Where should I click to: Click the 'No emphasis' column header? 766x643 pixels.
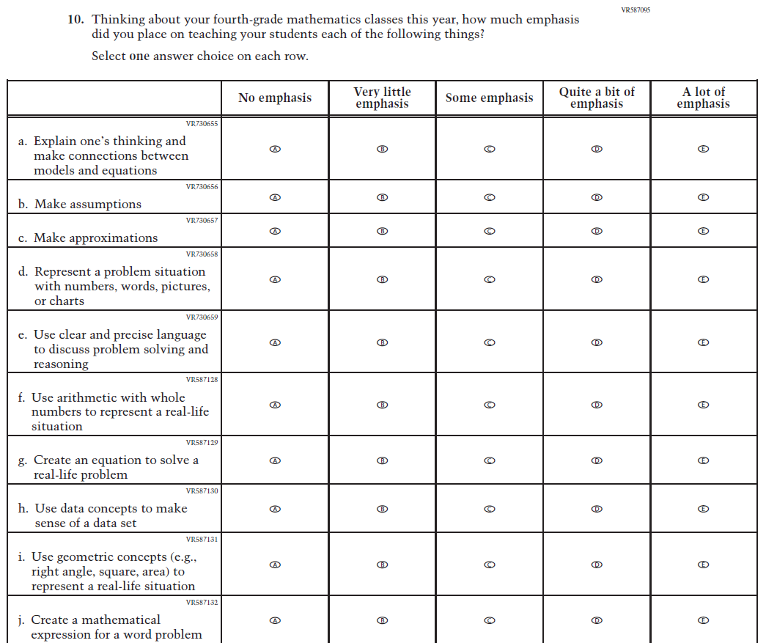pos(275,98)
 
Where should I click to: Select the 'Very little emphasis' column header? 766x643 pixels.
pos(382,98)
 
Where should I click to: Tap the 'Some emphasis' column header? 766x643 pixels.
pos(489,98)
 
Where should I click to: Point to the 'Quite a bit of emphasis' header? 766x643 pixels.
pos(597,98)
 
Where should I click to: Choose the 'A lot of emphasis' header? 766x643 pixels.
pos(703,98)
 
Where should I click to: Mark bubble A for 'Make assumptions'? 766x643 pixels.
pos(275,197)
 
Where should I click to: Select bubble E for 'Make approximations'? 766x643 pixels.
pos(703,231)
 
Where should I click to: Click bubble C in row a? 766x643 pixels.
pos(490,149)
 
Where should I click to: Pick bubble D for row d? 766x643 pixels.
pos(597,279)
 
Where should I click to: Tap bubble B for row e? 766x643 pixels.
pos(382,342)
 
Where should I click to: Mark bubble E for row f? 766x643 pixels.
pos(703,405)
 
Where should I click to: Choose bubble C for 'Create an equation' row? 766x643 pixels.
pos(490,460)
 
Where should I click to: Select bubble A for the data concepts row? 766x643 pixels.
pos(275,509)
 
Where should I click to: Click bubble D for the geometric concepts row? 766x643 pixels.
pos(597,565)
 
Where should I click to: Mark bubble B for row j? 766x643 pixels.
pos(382,620)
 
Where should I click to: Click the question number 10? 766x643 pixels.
pos(76,20)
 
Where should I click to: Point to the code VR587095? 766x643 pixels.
pos(635,10)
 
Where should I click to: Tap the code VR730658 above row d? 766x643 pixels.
pos(202,254)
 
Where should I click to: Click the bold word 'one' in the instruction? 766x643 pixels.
pos(139,56)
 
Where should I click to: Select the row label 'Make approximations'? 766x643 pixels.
pos(95,238)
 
